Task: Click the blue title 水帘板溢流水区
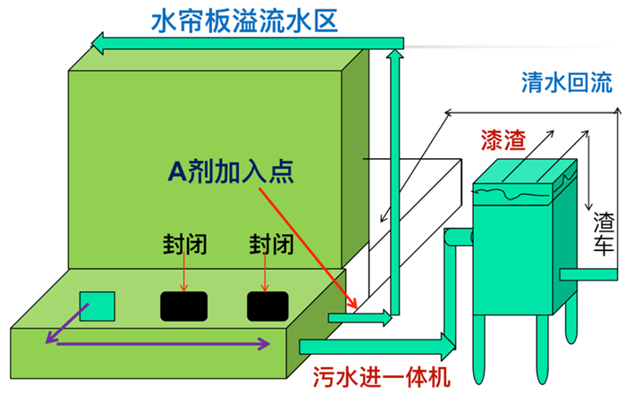point(244,21)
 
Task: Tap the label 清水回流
point(566,82)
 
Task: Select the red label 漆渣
point(503,140)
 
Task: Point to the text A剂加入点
point(231,172)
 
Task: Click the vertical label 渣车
point(604,234)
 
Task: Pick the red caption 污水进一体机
point(381,376)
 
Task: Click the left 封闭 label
point(184,244)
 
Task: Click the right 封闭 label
point(272,244)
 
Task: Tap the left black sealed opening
point(183,306)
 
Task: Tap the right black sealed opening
point(267,306)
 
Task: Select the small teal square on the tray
point(97,306)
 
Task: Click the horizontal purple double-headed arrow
point(164,343)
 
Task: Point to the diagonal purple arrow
point(67,323)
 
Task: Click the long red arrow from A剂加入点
point(308,247)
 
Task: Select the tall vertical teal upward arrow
point(395,181)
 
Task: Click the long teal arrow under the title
point(248,43)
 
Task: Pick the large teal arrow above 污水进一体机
point(377,347)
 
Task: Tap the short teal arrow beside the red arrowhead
point(360,318)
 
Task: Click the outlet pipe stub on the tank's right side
point(588,274)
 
